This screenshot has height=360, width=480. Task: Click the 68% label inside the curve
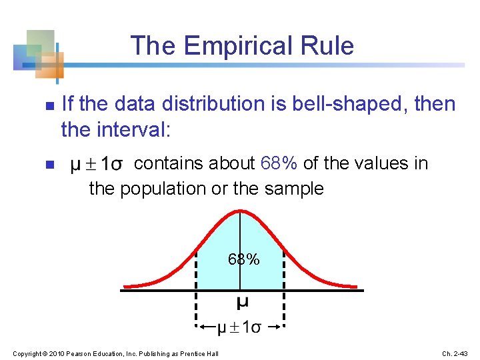click(x=243, y=259)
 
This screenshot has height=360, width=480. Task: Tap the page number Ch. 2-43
click(x=455, y=352)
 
